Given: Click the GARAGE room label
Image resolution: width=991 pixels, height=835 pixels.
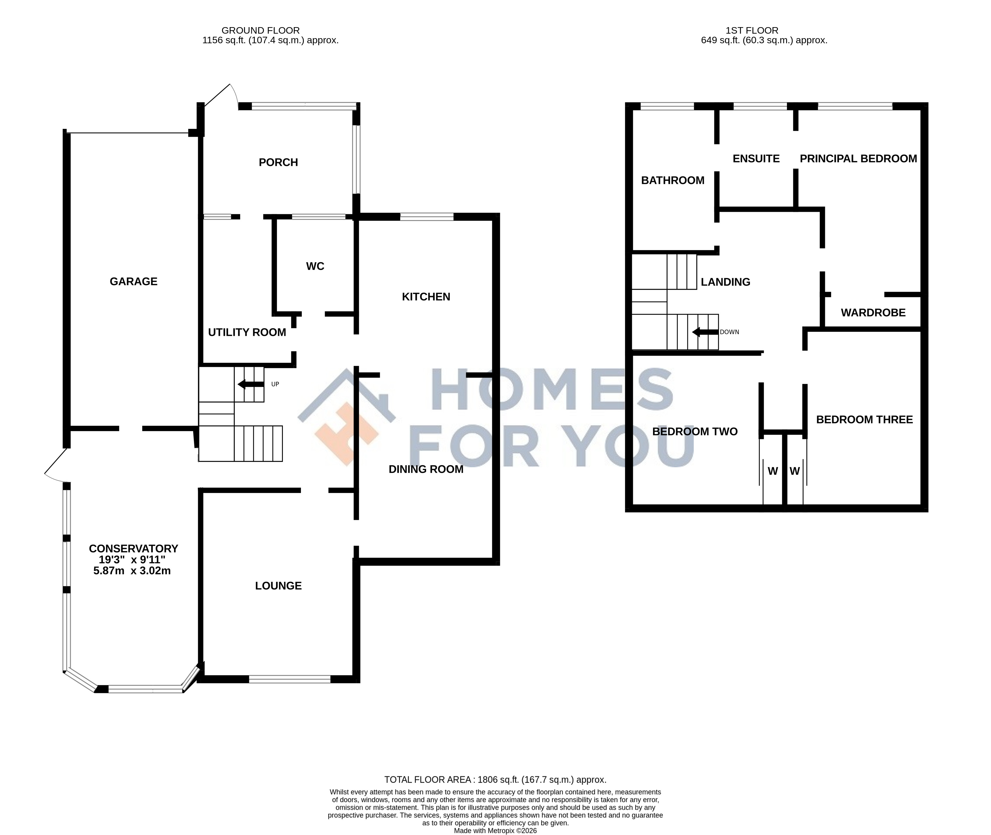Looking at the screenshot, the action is pos(133,282).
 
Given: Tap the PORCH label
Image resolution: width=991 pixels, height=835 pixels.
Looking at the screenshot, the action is pos(278,162).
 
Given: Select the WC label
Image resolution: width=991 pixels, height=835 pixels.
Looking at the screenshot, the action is pos(315,267).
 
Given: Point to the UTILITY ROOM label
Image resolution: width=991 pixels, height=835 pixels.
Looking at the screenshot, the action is pos(247,332).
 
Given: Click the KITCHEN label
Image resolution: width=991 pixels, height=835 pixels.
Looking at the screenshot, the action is pos(426,297).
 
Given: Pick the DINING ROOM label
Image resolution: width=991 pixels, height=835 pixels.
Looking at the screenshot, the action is pos(426,469).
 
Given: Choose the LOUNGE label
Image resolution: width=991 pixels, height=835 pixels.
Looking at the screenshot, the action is pos(278,586).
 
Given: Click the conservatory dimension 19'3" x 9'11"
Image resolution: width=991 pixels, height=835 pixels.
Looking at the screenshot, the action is pos(132,559).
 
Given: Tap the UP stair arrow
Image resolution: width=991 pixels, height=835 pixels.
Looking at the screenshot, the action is pos(251,384).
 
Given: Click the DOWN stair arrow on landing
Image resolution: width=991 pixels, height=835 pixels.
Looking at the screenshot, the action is pos(705,332).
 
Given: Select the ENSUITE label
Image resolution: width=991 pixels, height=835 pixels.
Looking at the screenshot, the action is pos(756,159).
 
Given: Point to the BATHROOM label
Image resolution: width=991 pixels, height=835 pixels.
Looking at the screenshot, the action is pos(673,180).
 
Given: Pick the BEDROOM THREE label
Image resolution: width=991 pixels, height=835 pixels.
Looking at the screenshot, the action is pos(865,419).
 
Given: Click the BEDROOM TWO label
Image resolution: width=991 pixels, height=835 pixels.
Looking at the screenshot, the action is pos(695,432).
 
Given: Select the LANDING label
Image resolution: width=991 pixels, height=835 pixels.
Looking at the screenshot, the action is pos(725,282).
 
